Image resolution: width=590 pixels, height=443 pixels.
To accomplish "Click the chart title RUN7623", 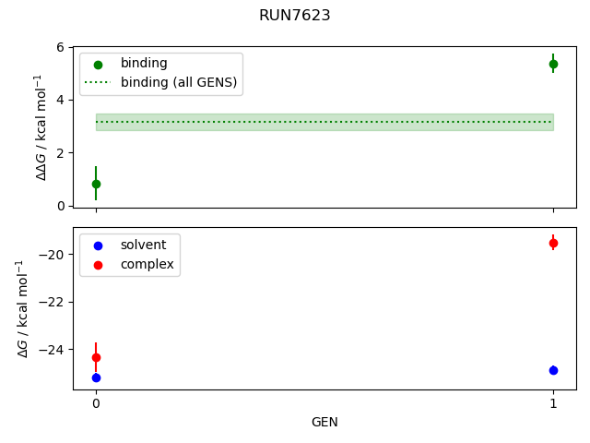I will [x=295, y=16].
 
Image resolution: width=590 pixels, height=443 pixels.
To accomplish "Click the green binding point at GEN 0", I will [x=96, y=184].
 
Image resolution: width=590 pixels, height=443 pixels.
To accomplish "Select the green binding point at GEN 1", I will [x=553, y=64].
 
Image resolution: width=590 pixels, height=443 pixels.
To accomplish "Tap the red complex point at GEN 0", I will [x=96, y=357].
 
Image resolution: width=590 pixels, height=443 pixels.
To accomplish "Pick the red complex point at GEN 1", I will [x=553, y=243].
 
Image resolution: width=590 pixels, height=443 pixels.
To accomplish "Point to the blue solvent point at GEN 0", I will [x=96, y=377].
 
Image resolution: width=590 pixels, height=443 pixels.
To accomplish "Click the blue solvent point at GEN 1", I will [x=553, y=370].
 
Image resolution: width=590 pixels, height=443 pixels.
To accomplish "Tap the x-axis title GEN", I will [x=324, y=423].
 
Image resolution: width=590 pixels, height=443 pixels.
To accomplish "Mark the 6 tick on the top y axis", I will [x=60, y=47].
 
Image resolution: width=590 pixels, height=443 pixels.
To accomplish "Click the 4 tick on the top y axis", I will [x=60, y=100].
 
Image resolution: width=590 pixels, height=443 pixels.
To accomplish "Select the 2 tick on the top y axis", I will [x=60, y=152].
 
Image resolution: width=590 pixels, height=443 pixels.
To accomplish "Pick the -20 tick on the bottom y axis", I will [x=53, y=255].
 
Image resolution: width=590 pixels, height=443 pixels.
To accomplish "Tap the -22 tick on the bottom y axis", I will [x=53, y=302].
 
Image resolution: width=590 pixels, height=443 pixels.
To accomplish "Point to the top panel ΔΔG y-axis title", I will [x=41, y=126].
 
